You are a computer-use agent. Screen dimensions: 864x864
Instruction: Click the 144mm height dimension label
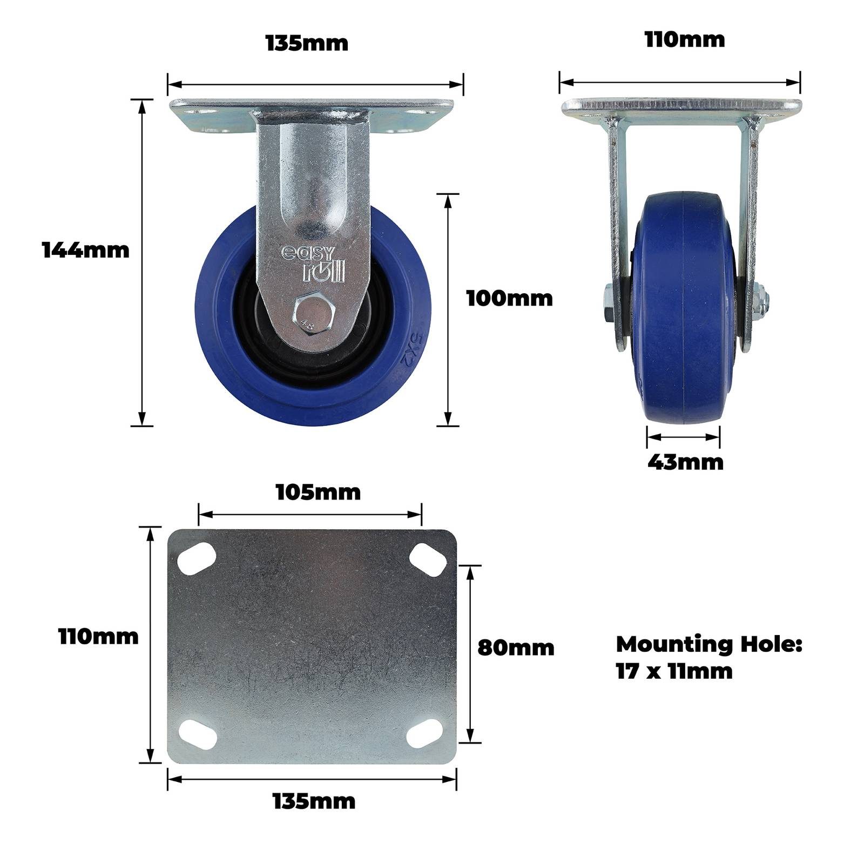[x=86, y=251]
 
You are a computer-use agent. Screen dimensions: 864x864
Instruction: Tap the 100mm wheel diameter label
[x=510, y=299]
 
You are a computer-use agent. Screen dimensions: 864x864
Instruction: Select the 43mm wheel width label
[x=685, y=462]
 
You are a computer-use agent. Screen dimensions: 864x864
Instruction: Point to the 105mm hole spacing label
[x=318, y=492]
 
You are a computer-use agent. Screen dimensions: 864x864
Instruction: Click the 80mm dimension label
[x=516, y=648]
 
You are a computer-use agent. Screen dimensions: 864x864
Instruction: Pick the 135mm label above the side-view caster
[x=307, y=43]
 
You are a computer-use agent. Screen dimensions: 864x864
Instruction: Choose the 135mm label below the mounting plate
[x=314, y=801]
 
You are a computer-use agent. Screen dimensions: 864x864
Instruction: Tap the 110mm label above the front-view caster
[x=685, y=40]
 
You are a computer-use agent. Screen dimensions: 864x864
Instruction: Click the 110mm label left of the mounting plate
[x=98, y=637]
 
